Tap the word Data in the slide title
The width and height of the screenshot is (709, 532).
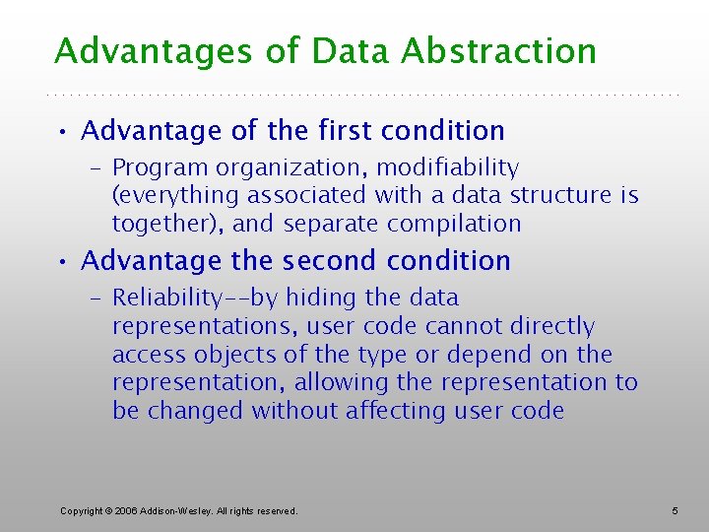(347, 51)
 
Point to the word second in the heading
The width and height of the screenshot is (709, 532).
(330, 261)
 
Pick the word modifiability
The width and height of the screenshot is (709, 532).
(448, 168)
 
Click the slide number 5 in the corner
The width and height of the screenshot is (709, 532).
(675, 510)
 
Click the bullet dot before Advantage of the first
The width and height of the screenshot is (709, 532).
(62, 132)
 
